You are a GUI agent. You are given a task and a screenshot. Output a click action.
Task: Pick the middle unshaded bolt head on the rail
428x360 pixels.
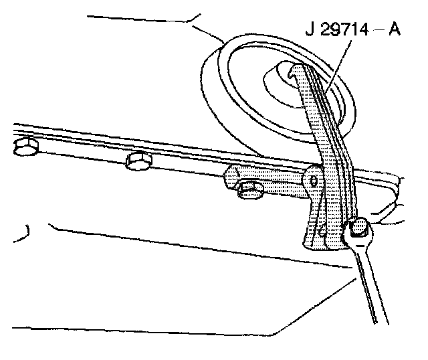click(139, 161)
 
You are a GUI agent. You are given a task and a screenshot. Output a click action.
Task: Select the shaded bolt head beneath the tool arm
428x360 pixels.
click(249, 190)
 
